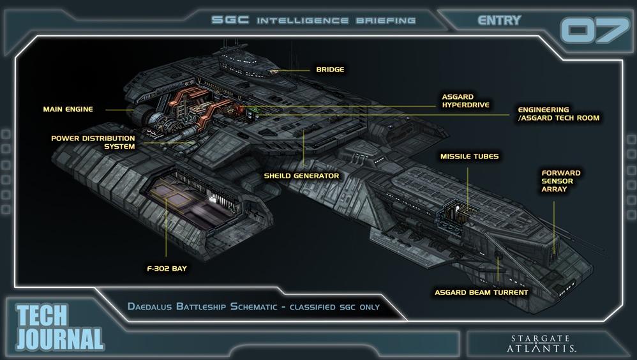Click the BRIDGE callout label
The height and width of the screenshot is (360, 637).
point(329,70)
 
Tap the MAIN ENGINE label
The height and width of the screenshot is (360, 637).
point(68,109)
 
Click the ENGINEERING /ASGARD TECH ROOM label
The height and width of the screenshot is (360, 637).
point(558,114)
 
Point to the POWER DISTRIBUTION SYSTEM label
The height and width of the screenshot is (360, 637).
point(93,142)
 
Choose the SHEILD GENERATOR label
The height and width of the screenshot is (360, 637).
point(301,176)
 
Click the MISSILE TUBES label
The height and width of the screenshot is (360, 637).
point(469,156)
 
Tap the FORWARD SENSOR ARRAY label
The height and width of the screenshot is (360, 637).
point(560,181)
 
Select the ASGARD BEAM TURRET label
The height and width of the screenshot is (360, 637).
point(481,292)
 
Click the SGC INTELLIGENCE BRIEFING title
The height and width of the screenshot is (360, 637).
point(314,20)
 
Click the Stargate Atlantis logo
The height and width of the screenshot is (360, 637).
point(544,343)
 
